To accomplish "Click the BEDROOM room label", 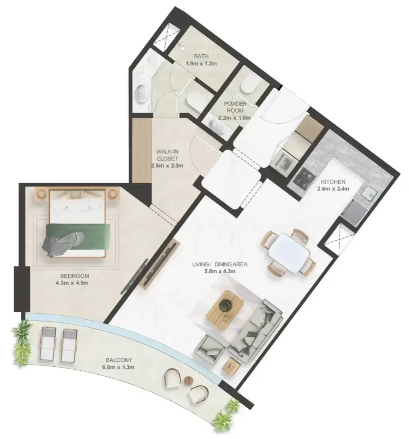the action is click(72, 276).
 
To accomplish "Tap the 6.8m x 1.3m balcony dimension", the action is click(118, 367).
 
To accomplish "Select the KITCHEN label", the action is click(333, 182).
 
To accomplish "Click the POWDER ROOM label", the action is click(235, 107).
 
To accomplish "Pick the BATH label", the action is click(201, 57).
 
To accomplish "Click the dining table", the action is click(289, 253).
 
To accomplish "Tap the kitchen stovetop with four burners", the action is click(304, 178).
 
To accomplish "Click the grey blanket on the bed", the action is click(64, 243).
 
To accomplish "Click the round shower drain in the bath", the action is click(183, 48).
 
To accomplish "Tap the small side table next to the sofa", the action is click(231, 365).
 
